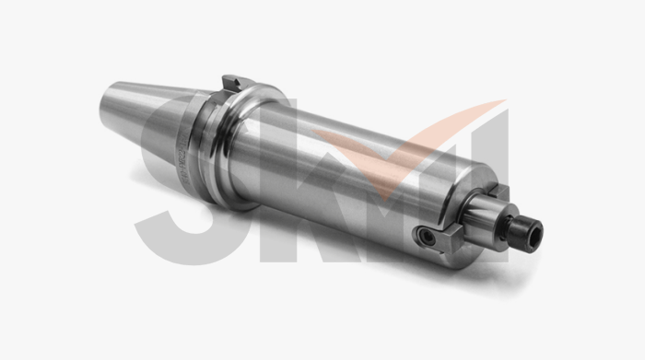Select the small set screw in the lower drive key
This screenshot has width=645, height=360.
(x=426, y=236)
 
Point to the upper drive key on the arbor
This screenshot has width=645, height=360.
(x=498, y=192)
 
